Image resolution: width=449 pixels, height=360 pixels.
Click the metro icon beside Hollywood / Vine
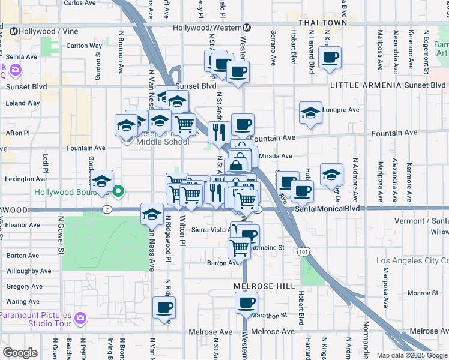[x=13, y=30]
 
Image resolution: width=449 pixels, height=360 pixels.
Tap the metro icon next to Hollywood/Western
[x=246, y=28]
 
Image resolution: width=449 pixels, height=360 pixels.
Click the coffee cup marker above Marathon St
[x=246, y=303]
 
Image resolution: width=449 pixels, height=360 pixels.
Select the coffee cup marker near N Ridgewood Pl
[x=164, y=308]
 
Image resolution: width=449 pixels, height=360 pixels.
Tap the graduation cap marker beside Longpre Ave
[x=310, y=113]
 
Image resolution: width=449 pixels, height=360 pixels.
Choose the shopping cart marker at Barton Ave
[x=240, y=247]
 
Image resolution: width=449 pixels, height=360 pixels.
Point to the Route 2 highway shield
[x=106, y=209]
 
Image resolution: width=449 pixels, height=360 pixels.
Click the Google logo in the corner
[x=20, y=353]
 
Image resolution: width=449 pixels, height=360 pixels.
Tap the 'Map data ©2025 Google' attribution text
[x=412, y=355]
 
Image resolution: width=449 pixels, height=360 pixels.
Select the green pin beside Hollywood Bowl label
[x=119, y=192]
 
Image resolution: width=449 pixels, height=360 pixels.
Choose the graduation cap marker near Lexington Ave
[x=102, y=181]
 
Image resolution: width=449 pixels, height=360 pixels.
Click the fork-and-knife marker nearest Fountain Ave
[x=220, y=131]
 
